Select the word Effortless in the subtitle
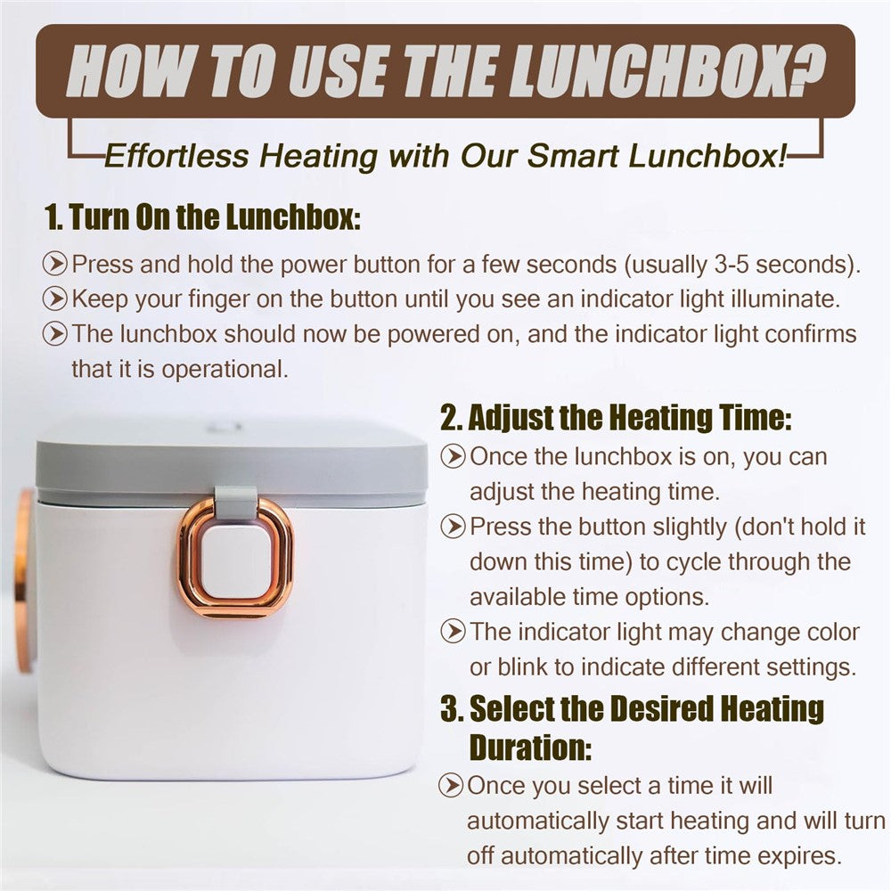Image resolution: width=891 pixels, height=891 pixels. tap(176, 155)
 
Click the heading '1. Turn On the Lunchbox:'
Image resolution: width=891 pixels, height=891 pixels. tap(202, 217)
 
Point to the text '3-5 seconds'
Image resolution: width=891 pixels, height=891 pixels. tap(781, 265)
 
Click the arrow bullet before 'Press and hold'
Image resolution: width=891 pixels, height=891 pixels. tap(55, 264)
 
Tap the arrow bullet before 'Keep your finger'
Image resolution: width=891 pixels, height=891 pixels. tap(55, 298)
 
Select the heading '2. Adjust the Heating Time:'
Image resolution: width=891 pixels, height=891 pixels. tap(616, 418)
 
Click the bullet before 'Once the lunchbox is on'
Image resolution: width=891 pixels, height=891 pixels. tap(453, 456)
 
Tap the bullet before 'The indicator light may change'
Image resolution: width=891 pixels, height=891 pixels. tap(453, 632)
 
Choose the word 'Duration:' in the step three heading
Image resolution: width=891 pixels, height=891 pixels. tap(531, 747)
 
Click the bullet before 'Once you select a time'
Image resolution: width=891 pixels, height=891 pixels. tap(451, 785)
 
